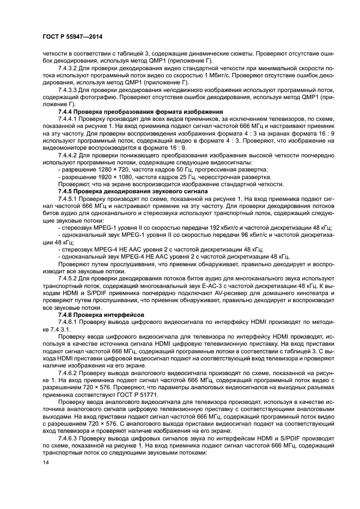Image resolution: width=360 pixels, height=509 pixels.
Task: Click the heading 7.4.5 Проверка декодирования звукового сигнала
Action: click(x=125, y=192)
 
